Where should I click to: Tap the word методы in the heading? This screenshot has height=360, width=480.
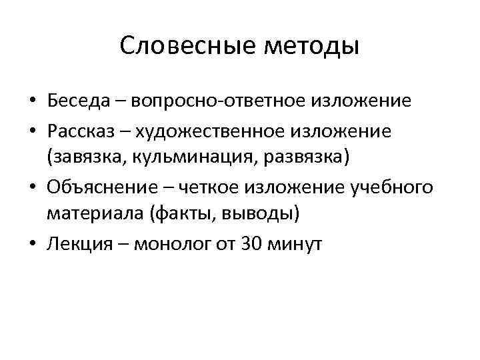coord(313,47)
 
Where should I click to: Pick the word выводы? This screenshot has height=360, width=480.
coord(262,215)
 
